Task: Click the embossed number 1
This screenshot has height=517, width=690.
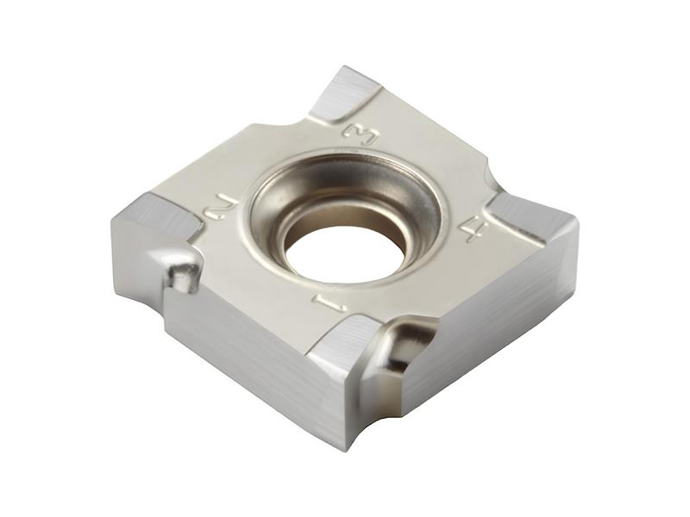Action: [x=330, y=302]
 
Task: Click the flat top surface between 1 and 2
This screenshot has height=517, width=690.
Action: [x=259, y=276]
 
